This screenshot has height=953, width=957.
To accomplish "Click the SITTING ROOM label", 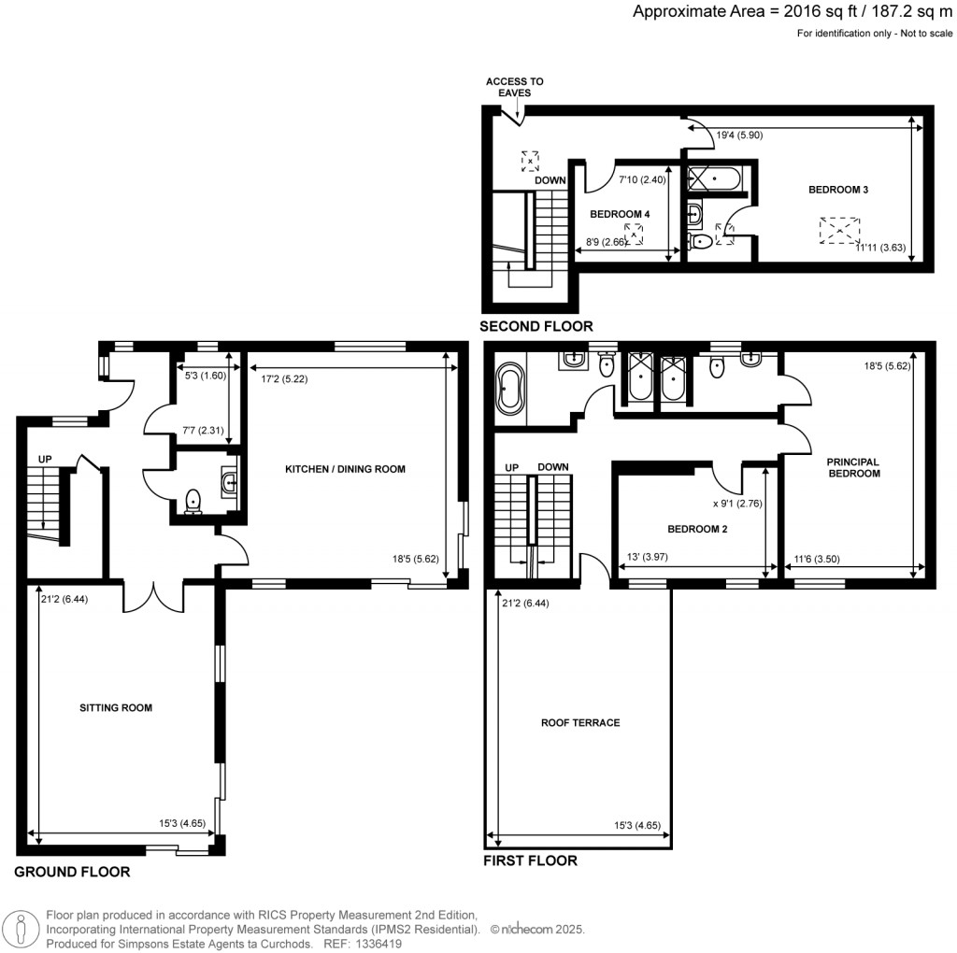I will pos(115,707).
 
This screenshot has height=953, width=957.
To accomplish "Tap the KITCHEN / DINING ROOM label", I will pos(345,469).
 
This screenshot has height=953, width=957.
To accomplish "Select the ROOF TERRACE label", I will pos(580,722).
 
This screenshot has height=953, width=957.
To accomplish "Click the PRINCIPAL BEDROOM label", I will pos(853,467).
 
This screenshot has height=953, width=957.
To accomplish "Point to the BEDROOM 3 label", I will pos(838,190).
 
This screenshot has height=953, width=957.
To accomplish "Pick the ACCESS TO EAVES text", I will pos(514,87).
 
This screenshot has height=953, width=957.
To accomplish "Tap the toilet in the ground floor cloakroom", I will pos(194,502).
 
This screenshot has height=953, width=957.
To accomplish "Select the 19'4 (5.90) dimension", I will pos(740,135).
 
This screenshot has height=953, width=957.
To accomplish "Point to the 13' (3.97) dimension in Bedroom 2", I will pos(645,558).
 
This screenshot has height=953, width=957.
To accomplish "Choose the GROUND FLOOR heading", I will pos(72,872).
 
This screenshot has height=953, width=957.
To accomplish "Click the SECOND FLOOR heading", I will pos(536,326).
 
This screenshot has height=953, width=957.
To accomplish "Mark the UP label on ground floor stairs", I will pos(44,460).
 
